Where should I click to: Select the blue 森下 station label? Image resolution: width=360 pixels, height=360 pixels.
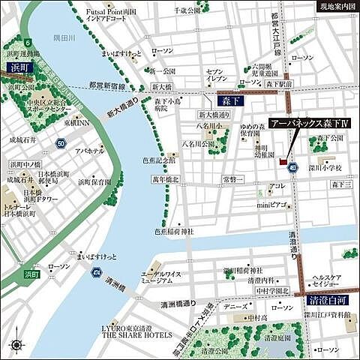226,98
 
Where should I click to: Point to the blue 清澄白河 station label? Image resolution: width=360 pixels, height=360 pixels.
327,301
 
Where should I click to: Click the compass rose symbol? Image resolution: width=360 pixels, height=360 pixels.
16,346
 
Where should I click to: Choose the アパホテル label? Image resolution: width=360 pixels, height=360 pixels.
89,151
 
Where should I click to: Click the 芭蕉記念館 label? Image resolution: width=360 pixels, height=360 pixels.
160,160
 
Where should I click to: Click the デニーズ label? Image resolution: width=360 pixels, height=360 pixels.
235,307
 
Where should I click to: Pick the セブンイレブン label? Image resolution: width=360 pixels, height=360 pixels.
215,76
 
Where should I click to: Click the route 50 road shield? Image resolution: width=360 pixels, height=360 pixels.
61,142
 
